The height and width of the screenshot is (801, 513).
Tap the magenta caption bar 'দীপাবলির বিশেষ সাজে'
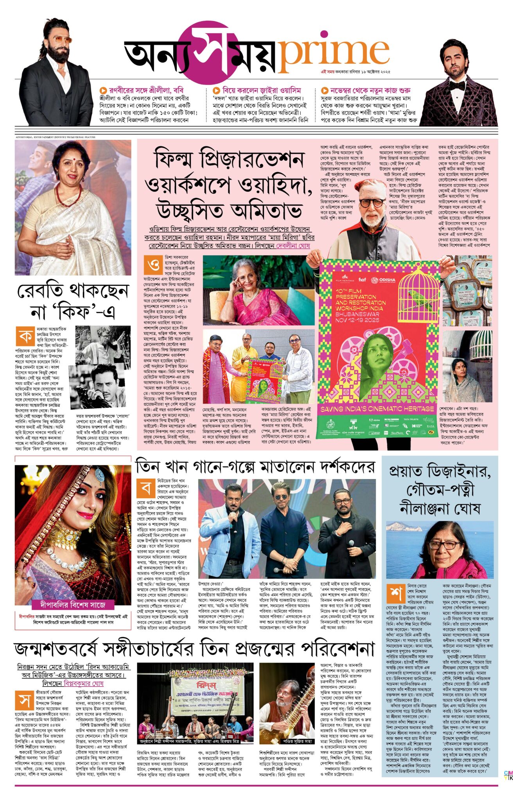tap(73, 605)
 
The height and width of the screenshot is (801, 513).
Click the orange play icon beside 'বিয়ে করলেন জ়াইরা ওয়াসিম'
tap(216, 90)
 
